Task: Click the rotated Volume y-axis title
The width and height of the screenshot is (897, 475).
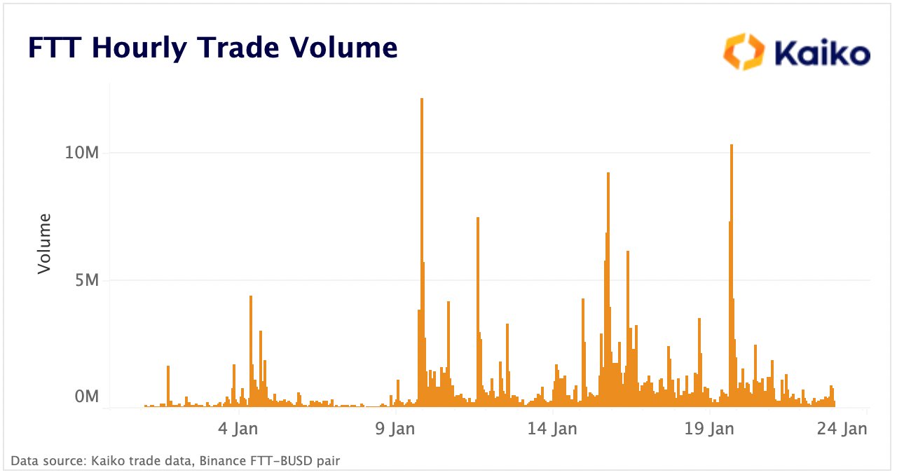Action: [44, 244]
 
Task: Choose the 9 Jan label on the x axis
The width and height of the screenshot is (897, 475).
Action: [396, 429]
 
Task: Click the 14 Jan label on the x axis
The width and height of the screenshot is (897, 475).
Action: [553, 429]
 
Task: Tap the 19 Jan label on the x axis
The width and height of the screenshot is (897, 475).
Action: [711, 429]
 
